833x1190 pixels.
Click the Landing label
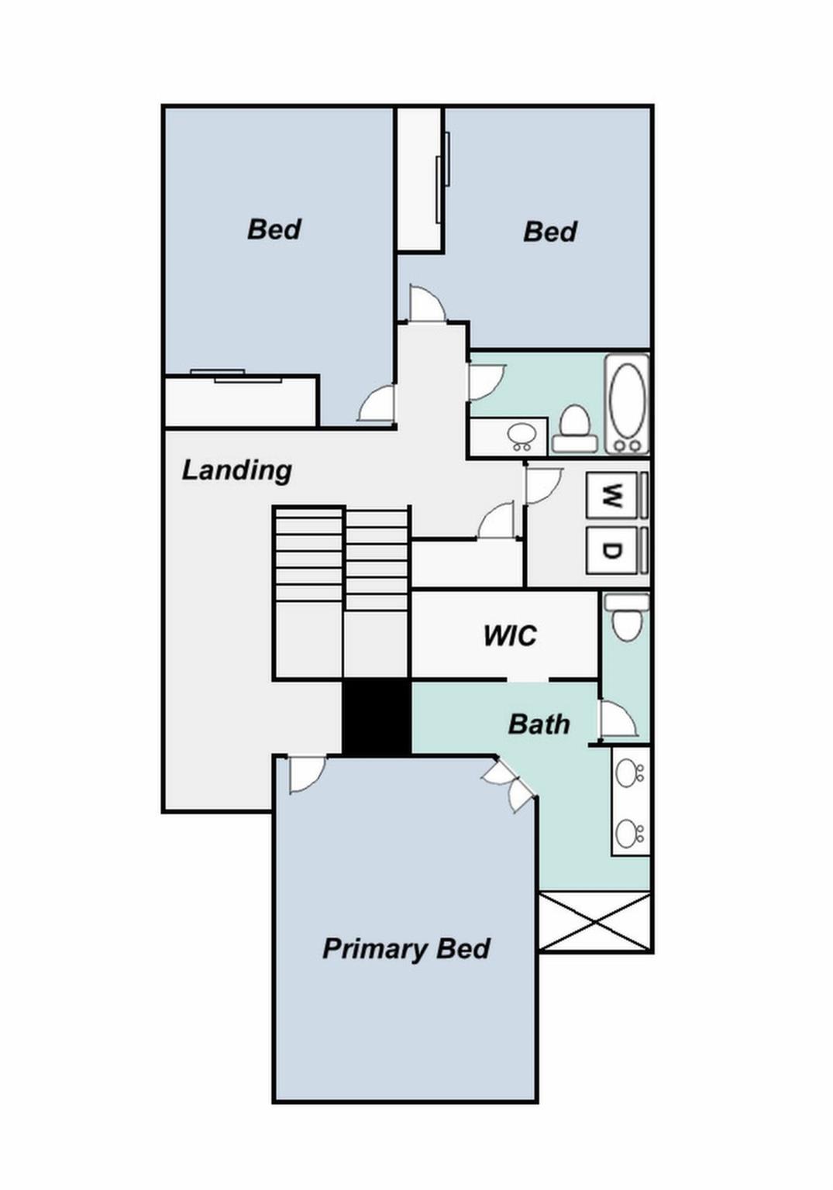[236, 470]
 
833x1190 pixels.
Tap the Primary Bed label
[405, 949]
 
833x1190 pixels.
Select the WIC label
[509, 636]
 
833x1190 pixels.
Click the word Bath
[539, 724]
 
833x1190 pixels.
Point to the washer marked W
[612, 495]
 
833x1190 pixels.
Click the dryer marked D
[612, 551]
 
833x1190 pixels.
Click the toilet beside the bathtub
[574, 428]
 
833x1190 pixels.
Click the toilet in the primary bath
[626, 617]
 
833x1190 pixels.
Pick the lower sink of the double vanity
[628, 834]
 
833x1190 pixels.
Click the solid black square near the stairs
[376, 717]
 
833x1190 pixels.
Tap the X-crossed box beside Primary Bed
[594, 922]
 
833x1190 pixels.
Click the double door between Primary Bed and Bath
[509, 784]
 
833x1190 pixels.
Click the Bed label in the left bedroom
[274, 229]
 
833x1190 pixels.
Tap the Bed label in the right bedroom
[549, 232]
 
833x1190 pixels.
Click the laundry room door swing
[542, 487]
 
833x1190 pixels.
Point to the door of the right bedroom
[426, 304]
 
